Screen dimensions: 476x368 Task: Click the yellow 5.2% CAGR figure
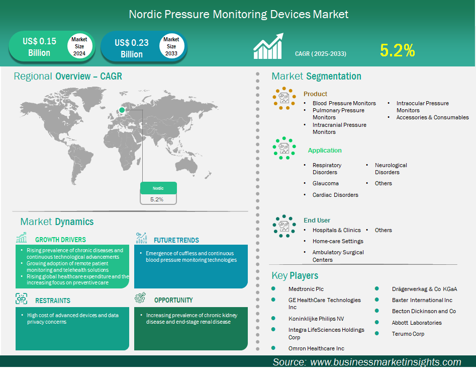pyautogui.click(x=398, y=50)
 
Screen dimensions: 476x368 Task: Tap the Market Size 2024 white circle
pyautogui.click(x=79, y=46)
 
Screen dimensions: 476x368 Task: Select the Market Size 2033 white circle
pyautogui.click(x=171, y=46)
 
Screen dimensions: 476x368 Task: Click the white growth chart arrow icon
pyautogui.click(x=268, y=46)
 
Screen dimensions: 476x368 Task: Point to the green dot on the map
pyautogui.click(x=122, y=110)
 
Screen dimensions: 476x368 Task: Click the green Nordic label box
pyautogui.click(x=158, y=188)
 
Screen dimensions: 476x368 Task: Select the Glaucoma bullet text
pyautogui.click(x=325, y=183)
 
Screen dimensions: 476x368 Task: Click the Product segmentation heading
pyautogui.click(x=315, y=94)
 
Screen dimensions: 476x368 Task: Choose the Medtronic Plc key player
pyautogui.click(x=306, y=289)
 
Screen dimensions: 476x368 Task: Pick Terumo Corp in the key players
pyautogui.click(x=408, y=334)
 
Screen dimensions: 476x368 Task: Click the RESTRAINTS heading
pyautogui.click(x=52, y=301)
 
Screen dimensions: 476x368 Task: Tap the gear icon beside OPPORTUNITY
pyautogui.click(x=140, y=298)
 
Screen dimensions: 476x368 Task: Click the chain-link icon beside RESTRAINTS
pyautogui.click(x=21, y=299)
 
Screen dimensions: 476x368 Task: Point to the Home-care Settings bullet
pyautogui.click(x=338, y=241)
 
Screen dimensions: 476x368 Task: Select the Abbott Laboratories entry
pyautogui.click(x=417, y=323)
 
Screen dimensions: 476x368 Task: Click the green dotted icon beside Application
pyautogui.click(x=284, y=148)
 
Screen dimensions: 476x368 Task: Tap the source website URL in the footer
pyautogui.click(x=386, y=362)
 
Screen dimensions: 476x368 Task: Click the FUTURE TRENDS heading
pyautogui.click(x=176, y=240)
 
